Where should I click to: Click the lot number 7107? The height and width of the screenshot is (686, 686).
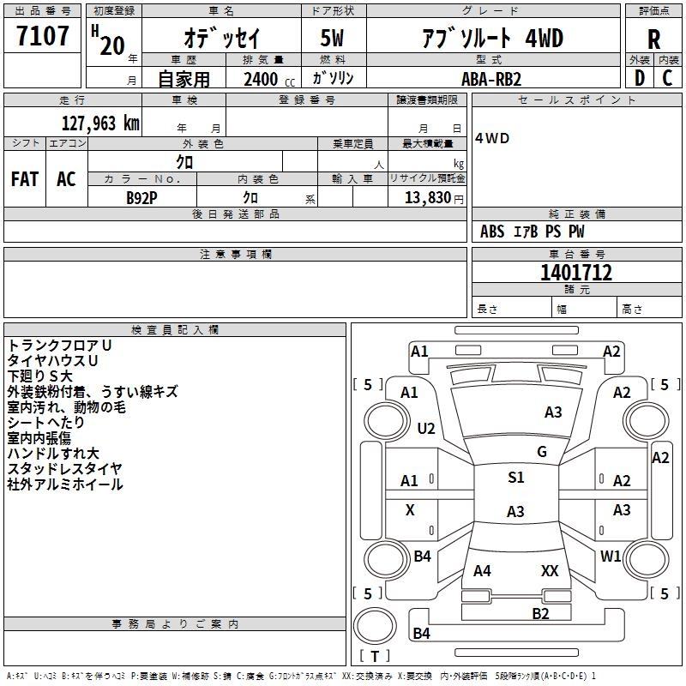coord(42,36)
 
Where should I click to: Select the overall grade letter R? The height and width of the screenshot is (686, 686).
coord(653,39)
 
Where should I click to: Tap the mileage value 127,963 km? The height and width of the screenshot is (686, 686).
coord(100,123)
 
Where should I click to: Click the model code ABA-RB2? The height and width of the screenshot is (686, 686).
coord(491,79)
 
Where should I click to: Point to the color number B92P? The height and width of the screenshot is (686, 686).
coord(141,198)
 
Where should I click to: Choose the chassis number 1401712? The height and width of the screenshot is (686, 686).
coord(576,273)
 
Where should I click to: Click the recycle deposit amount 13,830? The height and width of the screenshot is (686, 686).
coord(427,197)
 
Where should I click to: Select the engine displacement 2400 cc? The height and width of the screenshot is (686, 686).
coord(269,79)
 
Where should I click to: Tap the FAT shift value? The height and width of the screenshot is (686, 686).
coord(25,179)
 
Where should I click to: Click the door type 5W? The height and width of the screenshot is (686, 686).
coord(332,38)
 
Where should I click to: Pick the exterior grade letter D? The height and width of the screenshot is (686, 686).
coord(640,78)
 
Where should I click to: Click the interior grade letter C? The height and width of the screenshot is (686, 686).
coord(667,78)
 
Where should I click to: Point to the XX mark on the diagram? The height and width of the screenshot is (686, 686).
coord(550,570)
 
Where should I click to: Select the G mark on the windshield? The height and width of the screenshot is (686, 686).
coord(542,451)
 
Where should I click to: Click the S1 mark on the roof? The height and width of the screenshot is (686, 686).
coord(516,477)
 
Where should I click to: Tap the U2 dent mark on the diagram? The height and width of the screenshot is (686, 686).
coord(426,428)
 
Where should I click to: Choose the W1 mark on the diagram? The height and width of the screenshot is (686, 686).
coord(611,556)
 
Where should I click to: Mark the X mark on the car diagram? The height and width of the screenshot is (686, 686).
coord(410,509)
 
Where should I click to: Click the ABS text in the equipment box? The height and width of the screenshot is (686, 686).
coord(492,232)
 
